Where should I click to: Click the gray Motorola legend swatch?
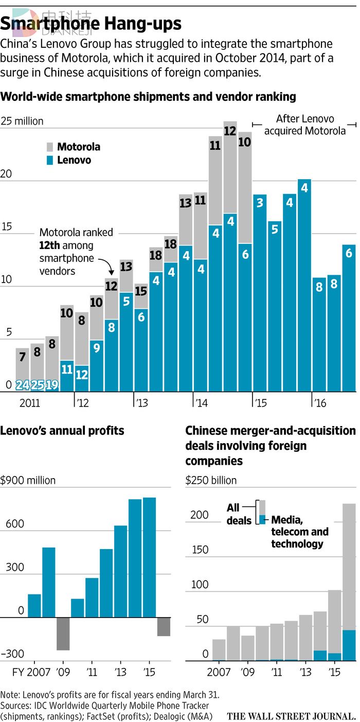(x=50, y=147)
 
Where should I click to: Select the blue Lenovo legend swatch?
(x=50, y=160)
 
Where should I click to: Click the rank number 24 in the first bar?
(x=23, y=384)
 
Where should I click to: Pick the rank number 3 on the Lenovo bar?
(x=260, y=203)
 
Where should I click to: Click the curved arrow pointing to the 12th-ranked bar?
(x=107, y=265)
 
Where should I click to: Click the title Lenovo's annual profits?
(x=62, y=430)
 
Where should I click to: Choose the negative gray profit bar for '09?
(x=63, y=633)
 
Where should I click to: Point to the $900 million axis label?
(x=28, y=481)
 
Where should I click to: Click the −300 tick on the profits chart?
(x=12, y=654)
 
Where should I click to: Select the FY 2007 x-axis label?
(x=26, y=672)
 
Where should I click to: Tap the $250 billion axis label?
(x=211, y=481)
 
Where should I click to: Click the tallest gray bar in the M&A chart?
(x=349, y=566)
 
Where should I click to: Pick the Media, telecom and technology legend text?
(x=300, y=531)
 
